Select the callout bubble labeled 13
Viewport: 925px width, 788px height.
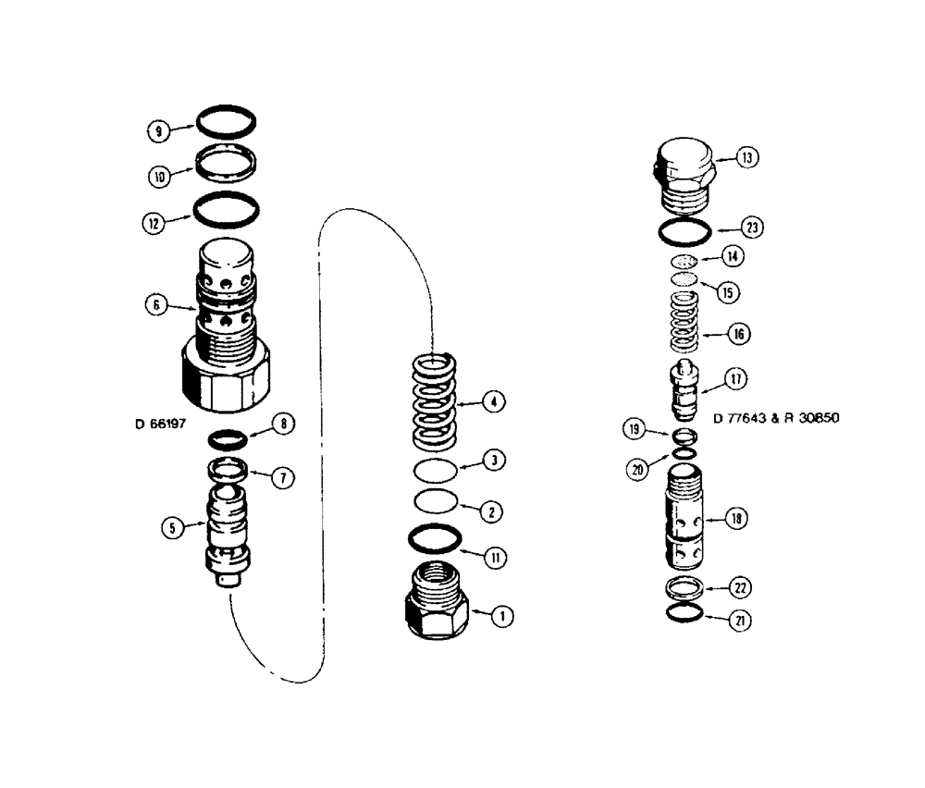[x=747, y=158]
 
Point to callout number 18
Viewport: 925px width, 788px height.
[x=738, y=520]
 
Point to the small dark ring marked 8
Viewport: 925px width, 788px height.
[x=226, y=437]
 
